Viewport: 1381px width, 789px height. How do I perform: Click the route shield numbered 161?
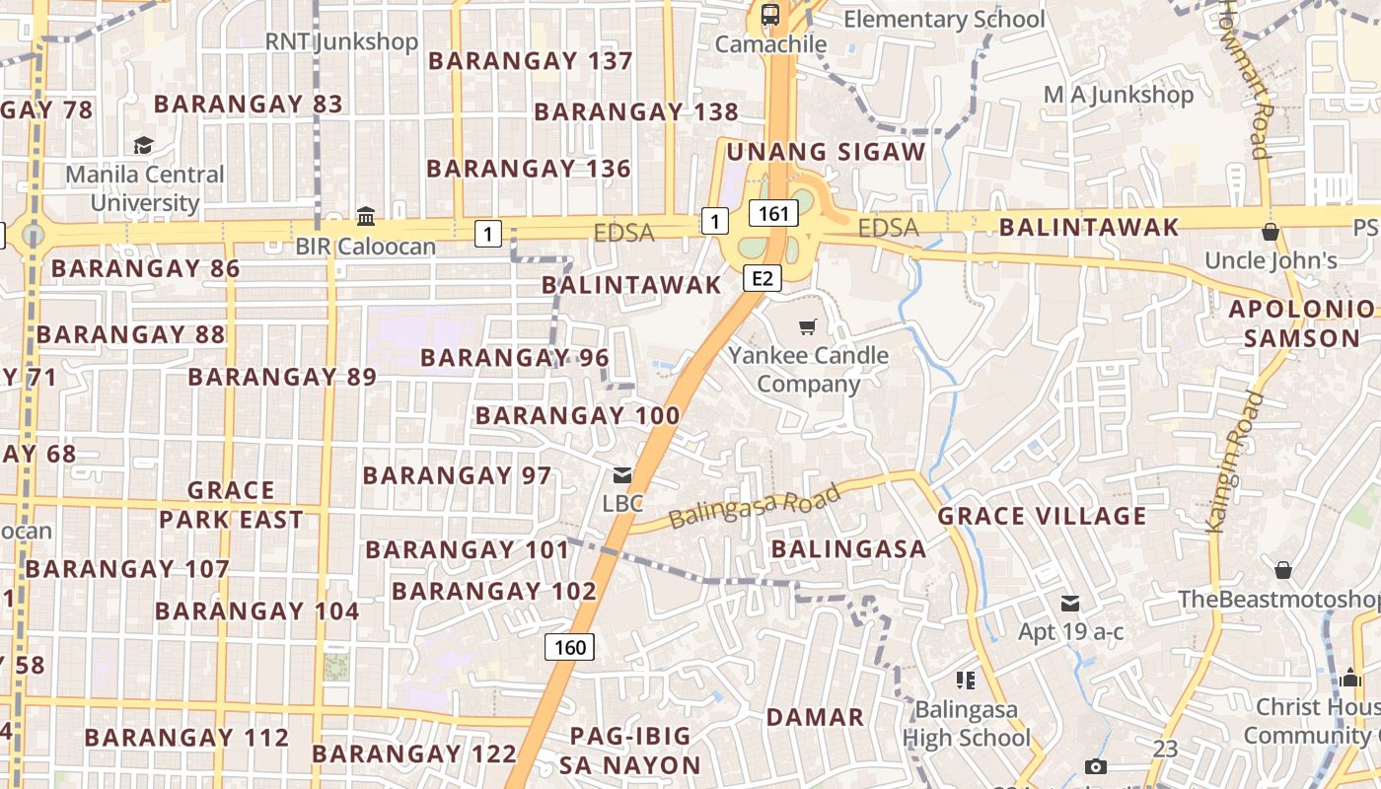click(773, 213)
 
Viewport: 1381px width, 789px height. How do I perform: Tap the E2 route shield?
click(763, 278)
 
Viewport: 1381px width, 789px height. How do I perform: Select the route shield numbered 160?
click(569, 647)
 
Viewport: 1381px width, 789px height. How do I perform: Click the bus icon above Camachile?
click(770, 15)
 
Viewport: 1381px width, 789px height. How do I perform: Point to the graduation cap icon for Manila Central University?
click(144, 146)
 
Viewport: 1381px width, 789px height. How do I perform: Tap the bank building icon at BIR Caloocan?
click(366, 216)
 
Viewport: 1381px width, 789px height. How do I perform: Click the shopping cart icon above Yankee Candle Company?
click(808, 326)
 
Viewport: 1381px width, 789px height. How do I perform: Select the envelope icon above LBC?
click(622, 475)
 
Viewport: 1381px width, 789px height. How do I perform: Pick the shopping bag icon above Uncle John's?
click(1271, 232)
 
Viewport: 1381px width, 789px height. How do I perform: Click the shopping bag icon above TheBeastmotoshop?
click(1283, 570)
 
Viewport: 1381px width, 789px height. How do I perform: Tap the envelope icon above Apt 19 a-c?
click(1070, 603)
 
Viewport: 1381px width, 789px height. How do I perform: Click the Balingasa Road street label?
click(754, 506)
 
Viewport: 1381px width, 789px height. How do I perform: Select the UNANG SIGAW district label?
click(826, 152)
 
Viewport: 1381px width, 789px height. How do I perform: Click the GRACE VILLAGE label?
click(1042, 516)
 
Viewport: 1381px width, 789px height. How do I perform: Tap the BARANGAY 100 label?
click(577, 416)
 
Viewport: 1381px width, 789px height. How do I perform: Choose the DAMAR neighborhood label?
click(815, 717)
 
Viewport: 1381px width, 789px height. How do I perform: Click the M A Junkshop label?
click(1119, 95)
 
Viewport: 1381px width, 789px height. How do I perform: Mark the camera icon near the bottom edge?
click(1095, 766)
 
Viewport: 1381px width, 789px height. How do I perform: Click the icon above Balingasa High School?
click(965, 680)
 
